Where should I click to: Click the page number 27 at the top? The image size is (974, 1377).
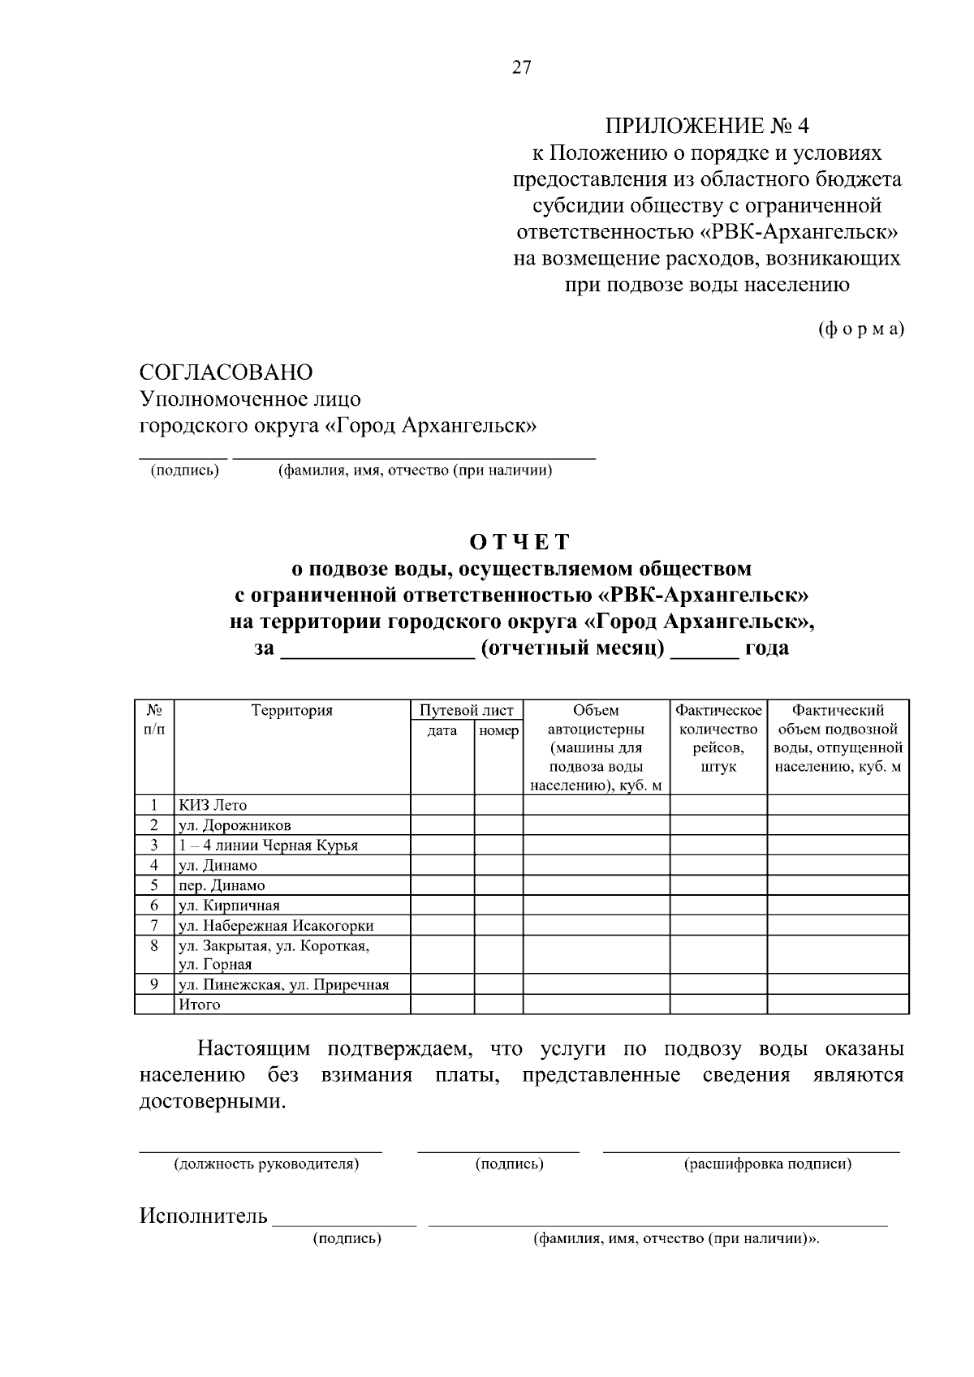coord(521,68)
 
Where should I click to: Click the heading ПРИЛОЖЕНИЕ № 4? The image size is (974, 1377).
coord(707,126)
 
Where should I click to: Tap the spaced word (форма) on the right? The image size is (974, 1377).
coord(860,329)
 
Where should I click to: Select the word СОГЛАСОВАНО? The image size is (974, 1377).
coord(226,372)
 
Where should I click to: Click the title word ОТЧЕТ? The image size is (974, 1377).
coord(520,542)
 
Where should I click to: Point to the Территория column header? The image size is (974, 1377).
coord(292,711)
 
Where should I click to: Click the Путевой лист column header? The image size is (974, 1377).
coord(466,711)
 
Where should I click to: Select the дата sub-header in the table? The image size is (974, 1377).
coord(442,731)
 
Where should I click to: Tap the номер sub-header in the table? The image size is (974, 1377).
coord(498,731)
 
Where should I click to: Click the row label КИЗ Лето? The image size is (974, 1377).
coord(213,805)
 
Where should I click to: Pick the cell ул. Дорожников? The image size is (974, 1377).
coord(235,825)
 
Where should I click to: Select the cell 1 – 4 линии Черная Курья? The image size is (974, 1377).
coord(268,845)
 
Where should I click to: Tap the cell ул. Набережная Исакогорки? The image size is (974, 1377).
coord(276,925)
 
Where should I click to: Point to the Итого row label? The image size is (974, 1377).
coord(200,1005)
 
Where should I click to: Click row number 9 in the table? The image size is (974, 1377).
coord(153,984)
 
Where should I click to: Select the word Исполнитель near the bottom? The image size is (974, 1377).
coord(203,1216)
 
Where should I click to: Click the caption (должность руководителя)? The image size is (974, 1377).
coord(266,1164)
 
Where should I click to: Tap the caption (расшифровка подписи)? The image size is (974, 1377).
coord(768,1164)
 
